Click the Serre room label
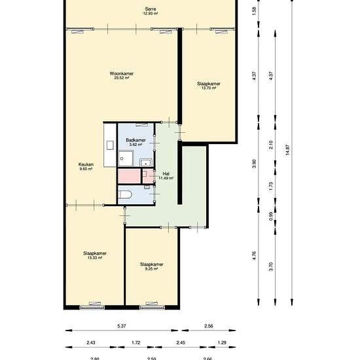coord(151,9)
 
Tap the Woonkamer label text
coord(122,73)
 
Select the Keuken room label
coord(86,164)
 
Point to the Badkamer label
coord(135,140)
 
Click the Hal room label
coord(166,174)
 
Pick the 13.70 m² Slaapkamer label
coord(208,84)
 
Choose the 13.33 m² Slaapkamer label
coord(95,253)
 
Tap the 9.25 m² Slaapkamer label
coord(152,264)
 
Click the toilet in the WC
coord(125,195)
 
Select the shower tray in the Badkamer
coord(126,158)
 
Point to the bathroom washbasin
coord(145,163)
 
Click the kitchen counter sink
coord(110,145)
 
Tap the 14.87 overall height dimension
coord(288,150)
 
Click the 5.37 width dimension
coord(122,326)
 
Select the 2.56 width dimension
coord(208,326)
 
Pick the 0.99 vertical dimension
coord(271,217)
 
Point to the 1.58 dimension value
coord(254,11)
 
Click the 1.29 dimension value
coord(222,342)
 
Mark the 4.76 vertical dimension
coord(254,255)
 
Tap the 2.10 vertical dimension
coord(271,145)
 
